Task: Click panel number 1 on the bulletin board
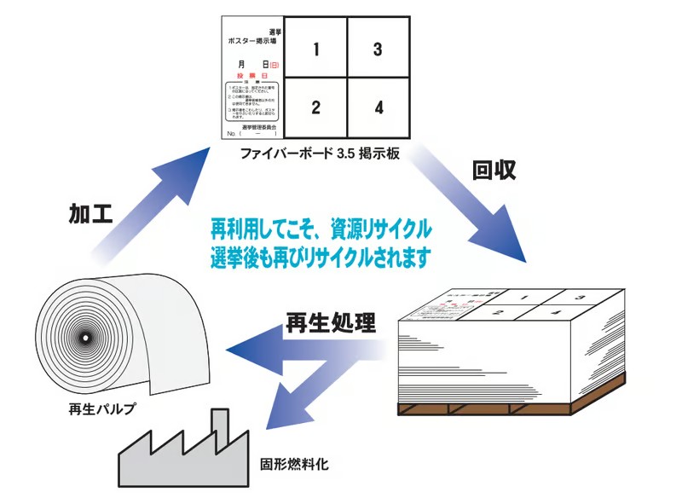click(x=315, y=49)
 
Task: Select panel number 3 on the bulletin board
click(x=378, y=49)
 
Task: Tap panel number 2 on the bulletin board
click(x=315, y=108)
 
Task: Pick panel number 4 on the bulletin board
click(x=378, y=108)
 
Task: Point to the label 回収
click(x=494, y=169)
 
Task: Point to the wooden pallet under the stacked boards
click(x=511, y=408)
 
